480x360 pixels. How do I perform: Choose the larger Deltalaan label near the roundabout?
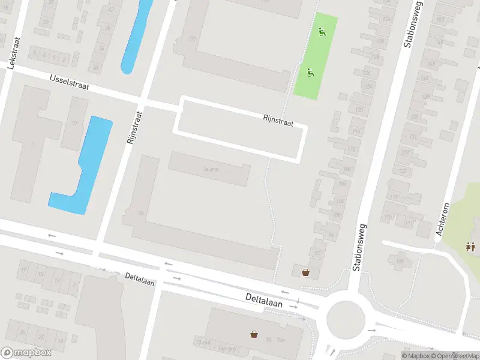[264, 298]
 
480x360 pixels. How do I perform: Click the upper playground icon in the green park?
[323, 32]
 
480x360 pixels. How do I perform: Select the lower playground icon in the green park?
[310, 73]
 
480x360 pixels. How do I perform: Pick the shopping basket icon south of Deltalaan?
[255, 334]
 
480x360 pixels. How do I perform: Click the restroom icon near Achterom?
[470, 246]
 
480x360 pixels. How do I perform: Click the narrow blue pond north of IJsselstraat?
[137, 36]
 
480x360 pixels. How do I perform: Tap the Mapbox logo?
[26, 352]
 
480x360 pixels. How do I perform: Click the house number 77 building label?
[75, 124]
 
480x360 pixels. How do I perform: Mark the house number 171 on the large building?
[193, 39]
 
